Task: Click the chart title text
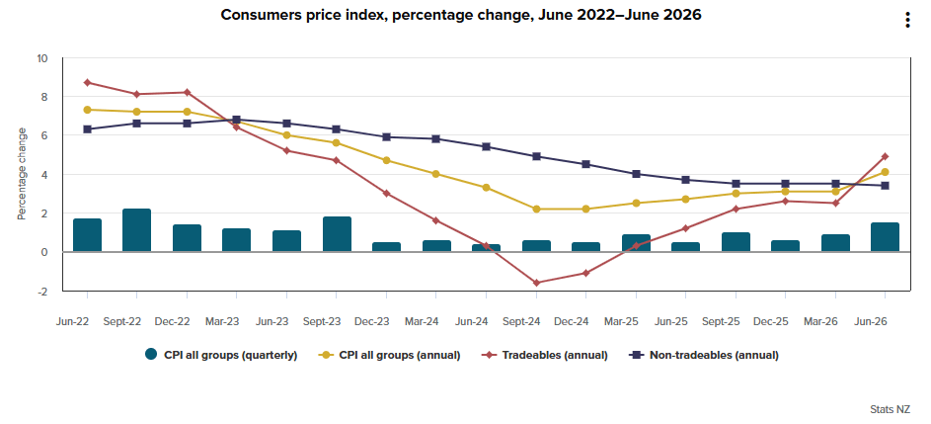pyautogui.click(x=461, y=15)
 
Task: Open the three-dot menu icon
pyautogui.click(x=907, y=20)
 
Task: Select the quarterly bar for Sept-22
pyautogui.click(x=136, y=230)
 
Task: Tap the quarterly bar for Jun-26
pyautogui.click(x=885, y=237)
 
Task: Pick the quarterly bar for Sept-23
pyautogui.click(x=337, y=234)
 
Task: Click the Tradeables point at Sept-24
pyautogui.click(x=536, y=283)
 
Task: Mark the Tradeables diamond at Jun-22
pyautogui.click(x=87, y=83)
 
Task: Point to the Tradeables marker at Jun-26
pyautogui.click(x=885, y=156)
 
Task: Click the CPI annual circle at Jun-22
pyautogui.click(x=87, y=110)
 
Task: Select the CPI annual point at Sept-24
pyautogui.click(x=536, y=209)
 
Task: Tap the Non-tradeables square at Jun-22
pyautogui.click(x=87, y=129)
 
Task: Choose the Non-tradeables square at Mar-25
pyautogui.click(x=636, y=174)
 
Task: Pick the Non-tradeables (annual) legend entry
pyautogui.click(x=704, y=355)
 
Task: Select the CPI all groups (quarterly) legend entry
pyautogui.click(x=221, y=355)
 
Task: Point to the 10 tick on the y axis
pyautogui.click(x=41, y=58)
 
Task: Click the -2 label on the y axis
pyautogui.click(x=42, y=291)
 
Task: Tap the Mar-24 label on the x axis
pyautogui.click(x=422, y=322)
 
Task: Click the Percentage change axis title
pyautogui.click(x=22, y=174)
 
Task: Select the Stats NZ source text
pyautogui.click(x=891, y=409)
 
